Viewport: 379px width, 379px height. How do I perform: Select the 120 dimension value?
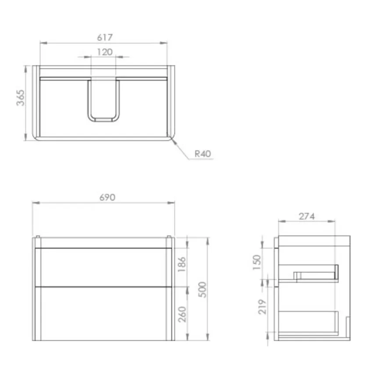(x=104, y=52)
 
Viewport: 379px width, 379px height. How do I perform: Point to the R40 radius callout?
(x=203, y=154)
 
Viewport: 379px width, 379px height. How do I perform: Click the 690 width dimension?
(x=107, y=197)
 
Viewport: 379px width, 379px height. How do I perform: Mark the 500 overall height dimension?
(x=202, y=288)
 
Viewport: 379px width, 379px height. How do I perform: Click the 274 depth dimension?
(x=307, y=216)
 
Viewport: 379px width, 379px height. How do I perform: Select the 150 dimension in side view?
(x=257, y=262)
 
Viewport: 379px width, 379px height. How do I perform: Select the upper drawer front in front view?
(x=104, y=267)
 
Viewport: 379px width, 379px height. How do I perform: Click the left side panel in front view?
(x=37, y=289)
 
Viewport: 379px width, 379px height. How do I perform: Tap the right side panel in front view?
(x=170, y=289)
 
